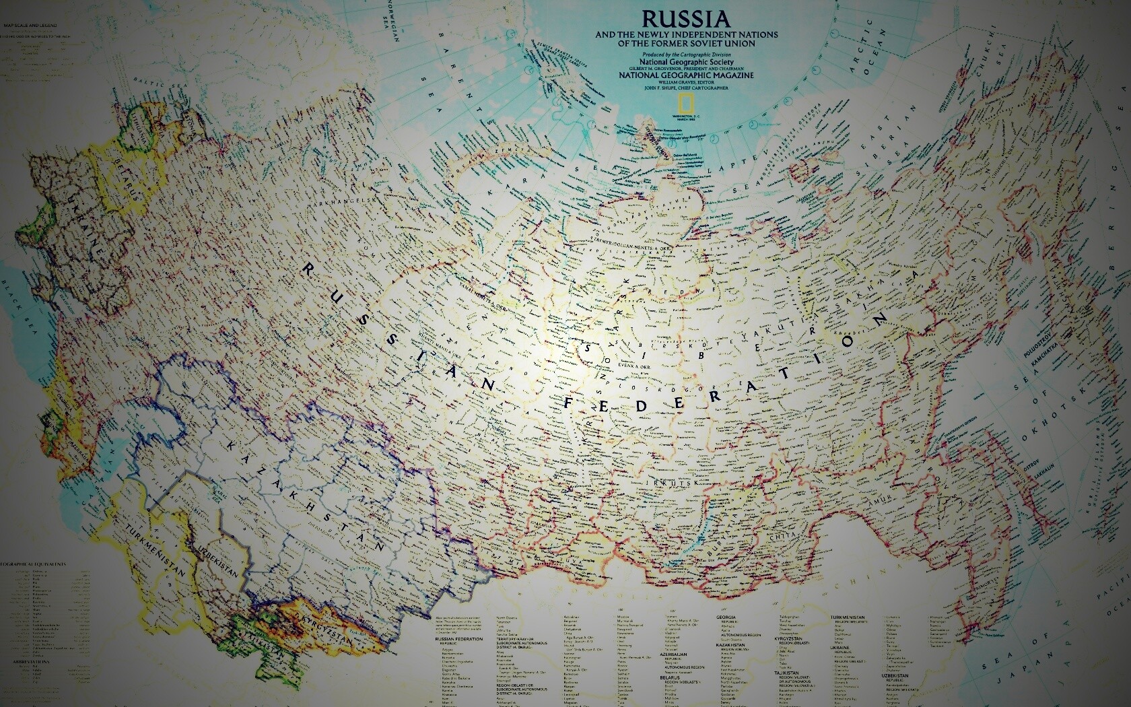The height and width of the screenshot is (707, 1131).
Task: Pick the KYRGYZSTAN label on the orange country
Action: coord(324,626)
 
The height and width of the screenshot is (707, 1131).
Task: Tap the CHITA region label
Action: coord(784,535)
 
